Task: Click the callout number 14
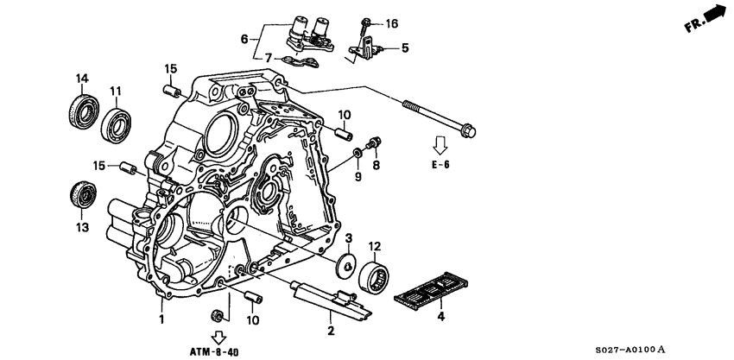82,79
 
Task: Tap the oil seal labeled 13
82,194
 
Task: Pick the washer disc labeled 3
347,263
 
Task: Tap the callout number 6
244,39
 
